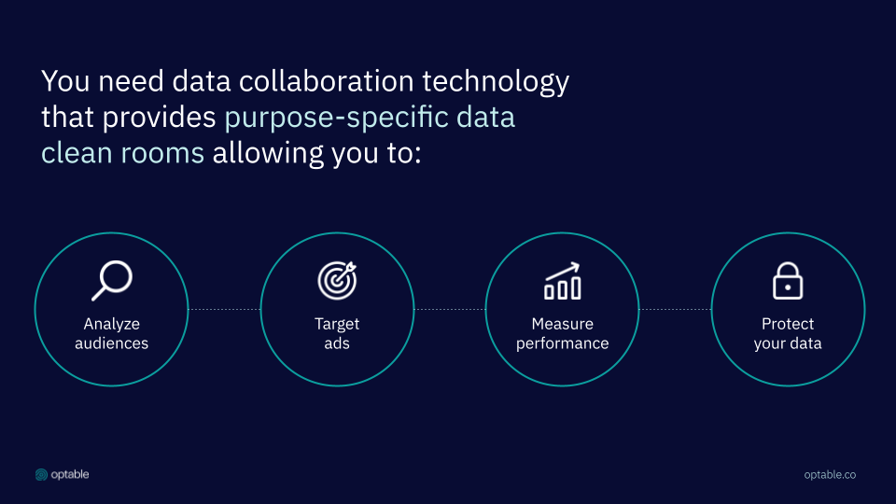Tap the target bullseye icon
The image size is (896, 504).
(337, 281)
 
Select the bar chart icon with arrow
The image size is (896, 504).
(562, 281)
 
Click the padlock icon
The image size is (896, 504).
(788, 281)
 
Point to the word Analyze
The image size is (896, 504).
(111, 324)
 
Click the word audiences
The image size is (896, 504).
(111, 343)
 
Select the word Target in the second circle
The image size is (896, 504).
(337, 324)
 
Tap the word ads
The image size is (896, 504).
(337, 343)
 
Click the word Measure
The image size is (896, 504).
(562, 324)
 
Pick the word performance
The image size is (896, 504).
(562, 343)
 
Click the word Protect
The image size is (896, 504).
(788, 324)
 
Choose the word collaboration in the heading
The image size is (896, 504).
(327, 80)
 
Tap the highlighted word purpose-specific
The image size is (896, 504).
(336, 119)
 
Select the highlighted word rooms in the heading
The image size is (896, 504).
(162, 154)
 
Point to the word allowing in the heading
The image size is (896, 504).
(268, 154)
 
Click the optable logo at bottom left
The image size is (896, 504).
(62, 474)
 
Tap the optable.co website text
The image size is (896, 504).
(830, 475)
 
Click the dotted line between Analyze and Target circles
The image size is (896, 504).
(224, 309)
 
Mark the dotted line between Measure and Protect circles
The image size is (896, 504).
(675, 309)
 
